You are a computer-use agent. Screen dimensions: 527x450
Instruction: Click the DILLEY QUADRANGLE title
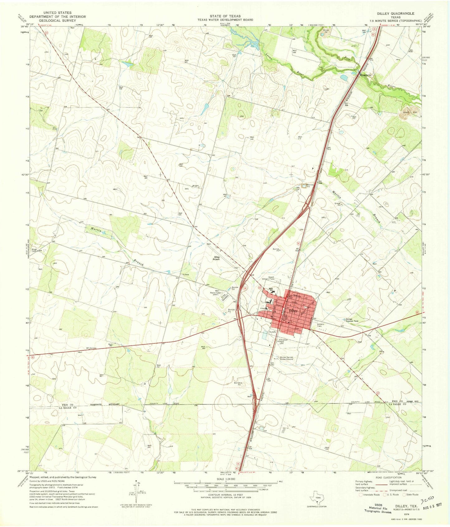pos(396,14)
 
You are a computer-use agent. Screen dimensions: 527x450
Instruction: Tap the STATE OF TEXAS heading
pos(225,16)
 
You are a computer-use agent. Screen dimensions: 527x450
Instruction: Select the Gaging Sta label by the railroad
pos(366,75)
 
